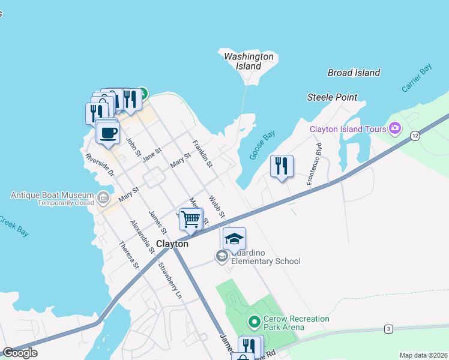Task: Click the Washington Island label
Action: click(249, 61)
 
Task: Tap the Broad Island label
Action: click(354, 73)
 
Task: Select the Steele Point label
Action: click(332, 97)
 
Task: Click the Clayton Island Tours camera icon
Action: click(395, 128)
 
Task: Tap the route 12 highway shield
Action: click(415, 137)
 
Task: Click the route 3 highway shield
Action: click(389, 329)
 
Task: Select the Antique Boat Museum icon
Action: click(103, 196)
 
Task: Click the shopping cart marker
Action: click(191, 220)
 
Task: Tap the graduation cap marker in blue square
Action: click(234, 239)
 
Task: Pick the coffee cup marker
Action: click(108, 133)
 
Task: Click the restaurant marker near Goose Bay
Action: click(282, 166)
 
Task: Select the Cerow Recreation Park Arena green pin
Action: click(255, 323)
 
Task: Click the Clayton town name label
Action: click(172, 244)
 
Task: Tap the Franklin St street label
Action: click(202, 154)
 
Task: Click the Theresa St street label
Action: click(129, 254)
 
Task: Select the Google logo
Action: click(20, 353)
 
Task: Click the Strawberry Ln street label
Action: click(170, 281)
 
